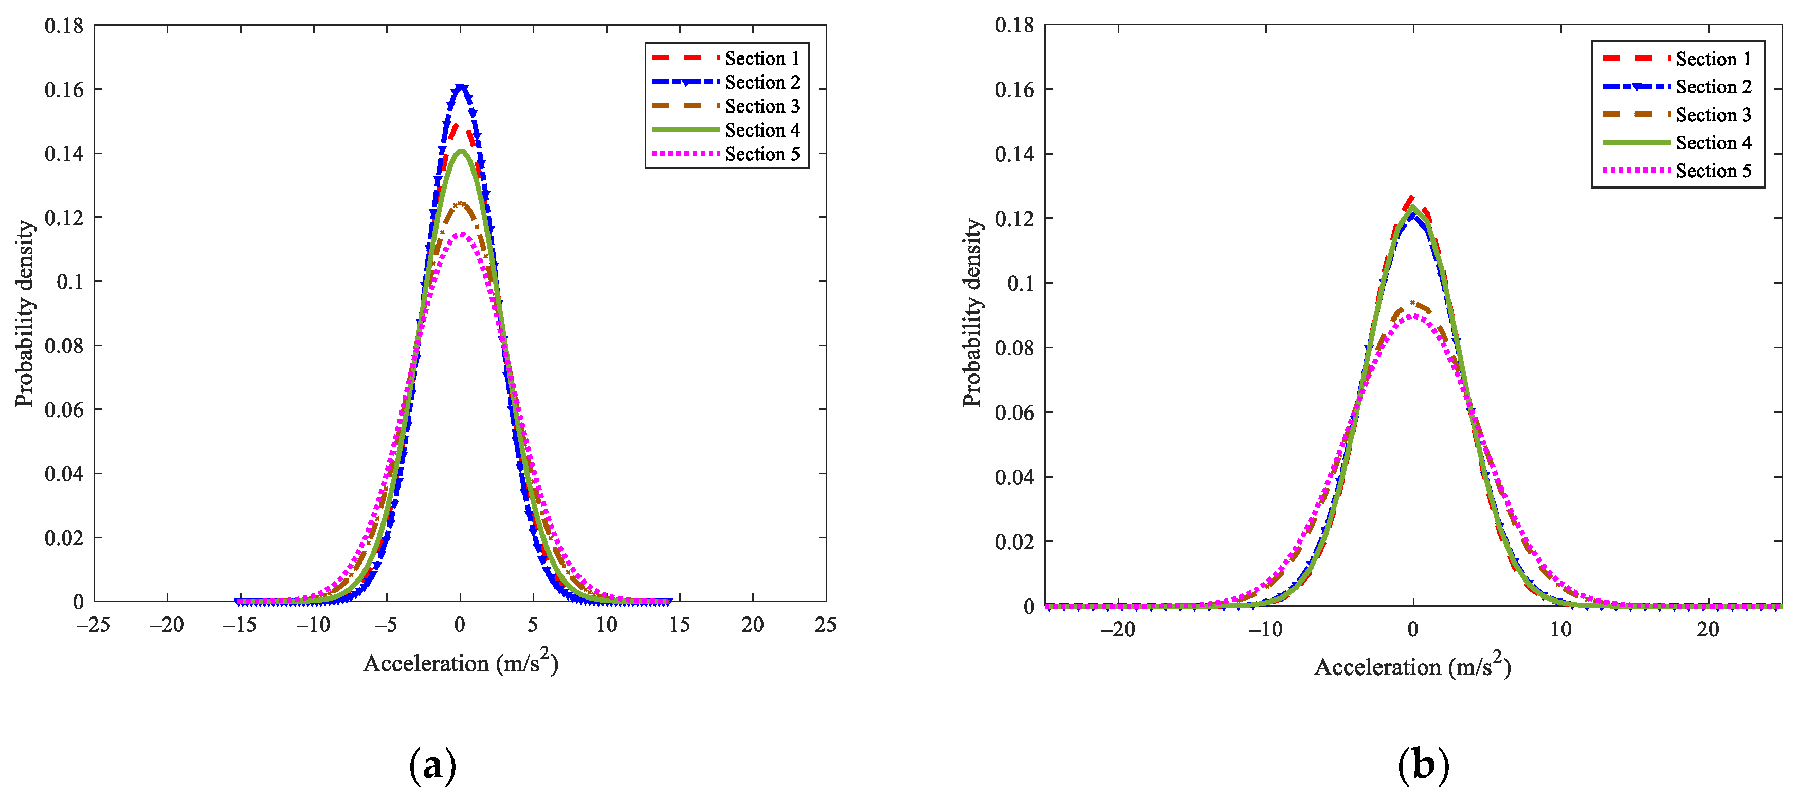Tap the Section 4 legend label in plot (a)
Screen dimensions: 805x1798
pos(761,130)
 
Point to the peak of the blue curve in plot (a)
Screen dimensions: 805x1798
pos(461,86)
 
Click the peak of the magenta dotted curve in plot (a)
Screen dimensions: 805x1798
pos(461,234)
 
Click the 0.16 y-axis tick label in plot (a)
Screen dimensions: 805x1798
pos(64,90)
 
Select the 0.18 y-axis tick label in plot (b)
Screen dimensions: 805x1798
pos(1014,26)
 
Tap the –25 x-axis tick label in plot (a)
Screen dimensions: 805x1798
pos(94,625)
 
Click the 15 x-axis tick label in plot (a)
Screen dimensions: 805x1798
pos(679,625)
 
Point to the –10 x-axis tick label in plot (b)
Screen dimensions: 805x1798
pos(1265,630)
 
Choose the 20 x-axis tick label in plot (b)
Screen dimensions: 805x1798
pos(1708,630)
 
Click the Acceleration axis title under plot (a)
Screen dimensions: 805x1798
pos(461,663)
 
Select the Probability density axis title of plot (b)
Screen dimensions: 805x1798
pos(972,312)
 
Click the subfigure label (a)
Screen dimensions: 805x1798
pos(433,765)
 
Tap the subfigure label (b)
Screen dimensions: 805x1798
pos(1423,765)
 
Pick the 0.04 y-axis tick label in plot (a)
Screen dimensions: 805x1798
pos(64,474)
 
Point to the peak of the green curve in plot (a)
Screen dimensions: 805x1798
pos(461,152)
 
